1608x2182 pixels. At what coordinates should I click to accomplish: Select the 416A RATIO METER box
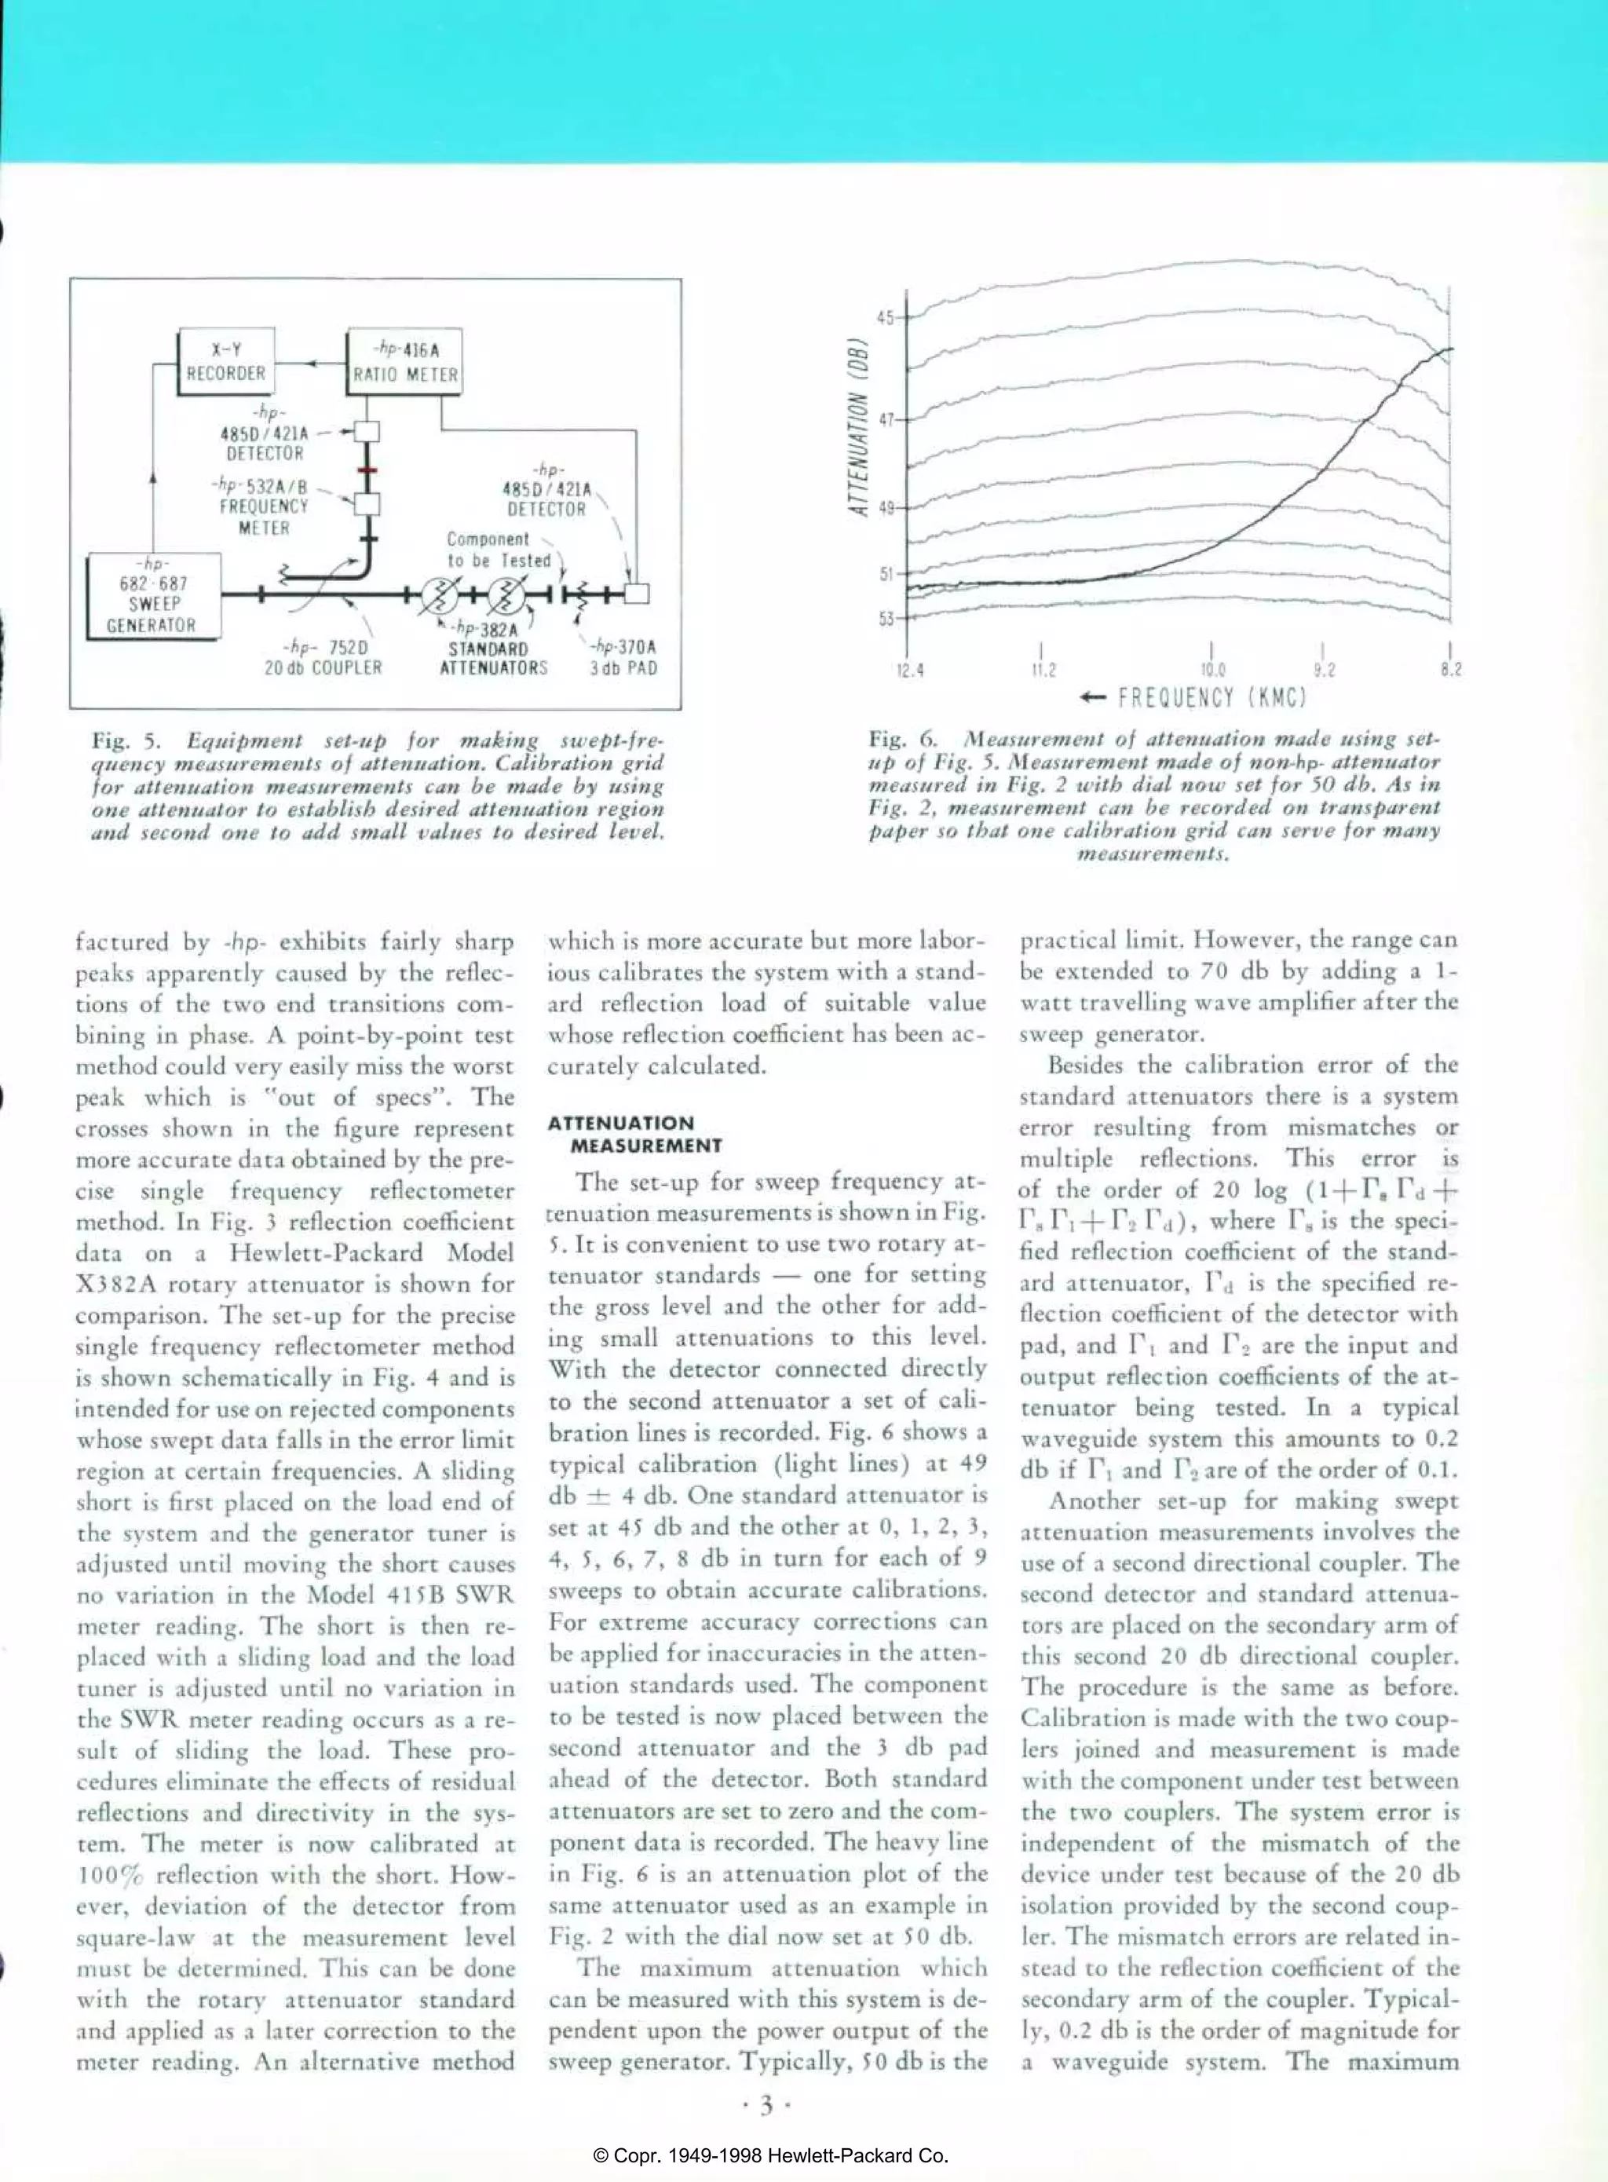click(405, 363)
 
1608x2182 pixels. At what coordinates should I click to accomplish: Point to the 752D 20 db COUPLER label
click(323, 658)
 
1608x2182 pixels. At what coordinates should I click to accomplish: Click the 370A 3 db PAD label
click(623, 658)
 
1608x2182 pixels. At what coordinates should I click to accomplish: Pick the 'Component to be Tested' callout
click(496, 550)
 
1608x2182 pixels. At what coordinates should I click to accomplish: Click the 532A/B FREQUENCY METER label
click(263, 506)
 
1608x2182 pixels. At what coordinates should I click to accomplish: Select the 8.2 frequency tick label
click(1450, 671)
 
